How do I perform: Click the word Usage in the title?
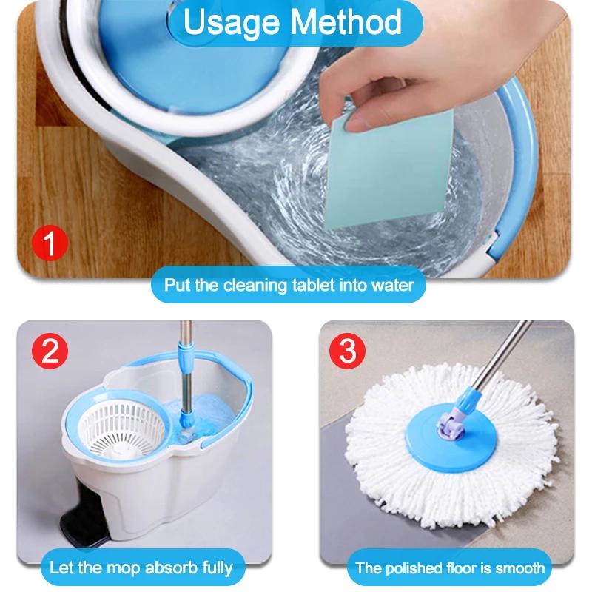(232, 24)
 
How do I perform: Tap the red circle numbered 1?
(50, 243)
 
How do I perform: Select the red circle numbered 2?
(50, 351)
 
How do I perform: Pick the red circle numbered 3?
(347, 351)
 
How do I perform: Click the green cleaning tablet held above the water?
(389, 170)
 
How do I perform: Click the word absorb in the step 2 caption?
(172, 568)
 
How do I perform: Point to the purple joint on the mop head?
(450, 426)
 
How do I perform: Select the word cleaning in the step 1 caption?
(255, 286)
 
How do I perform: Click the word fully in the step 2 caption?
(218, 568)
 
